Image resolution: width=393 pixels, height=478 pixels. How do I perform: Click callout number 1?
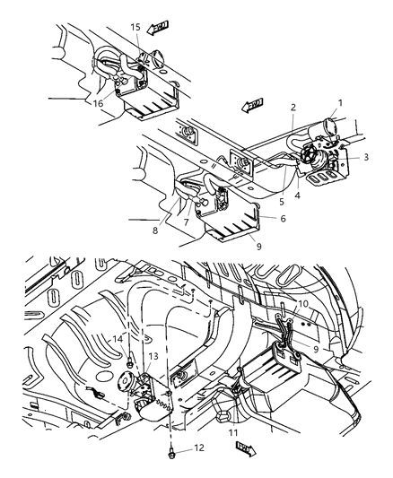(339, 103)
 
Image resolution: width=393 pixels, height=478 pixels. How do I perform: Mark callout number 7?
(213, 221)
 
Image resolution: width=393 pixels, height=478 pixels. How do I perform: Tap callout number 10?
(303, 304)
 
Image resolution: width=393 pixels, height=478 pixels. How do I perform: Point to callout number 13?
(155, 357)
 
